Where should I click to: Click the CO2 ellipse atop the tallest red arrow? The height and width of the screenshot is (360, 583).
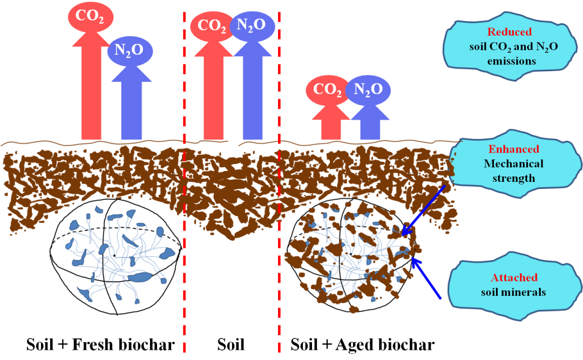point(90,17)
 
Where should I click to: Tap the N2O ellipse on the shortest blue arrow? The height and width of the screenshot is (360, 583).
point(368,89)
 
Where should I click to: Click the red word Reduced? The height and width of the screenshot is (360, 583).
point(510,32)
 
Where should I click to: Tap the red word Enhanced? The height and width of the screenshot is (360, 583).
point(513,150)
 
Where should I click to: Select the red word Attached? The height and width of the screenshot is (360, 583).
point(513,278)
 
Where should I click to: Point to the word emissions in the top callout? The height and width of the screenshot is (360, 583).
point(511,61)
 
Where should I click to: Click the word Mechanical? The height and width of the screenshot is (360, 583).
point(513,164)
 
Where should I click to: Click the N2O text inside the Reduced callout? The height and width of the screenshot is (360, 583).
point(546,47)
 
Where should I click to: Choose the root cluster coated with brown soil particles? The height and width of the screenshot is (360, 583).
point(351,256)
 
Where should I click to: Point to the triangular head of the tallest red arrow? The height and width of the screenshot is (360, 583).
point(91,37)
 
